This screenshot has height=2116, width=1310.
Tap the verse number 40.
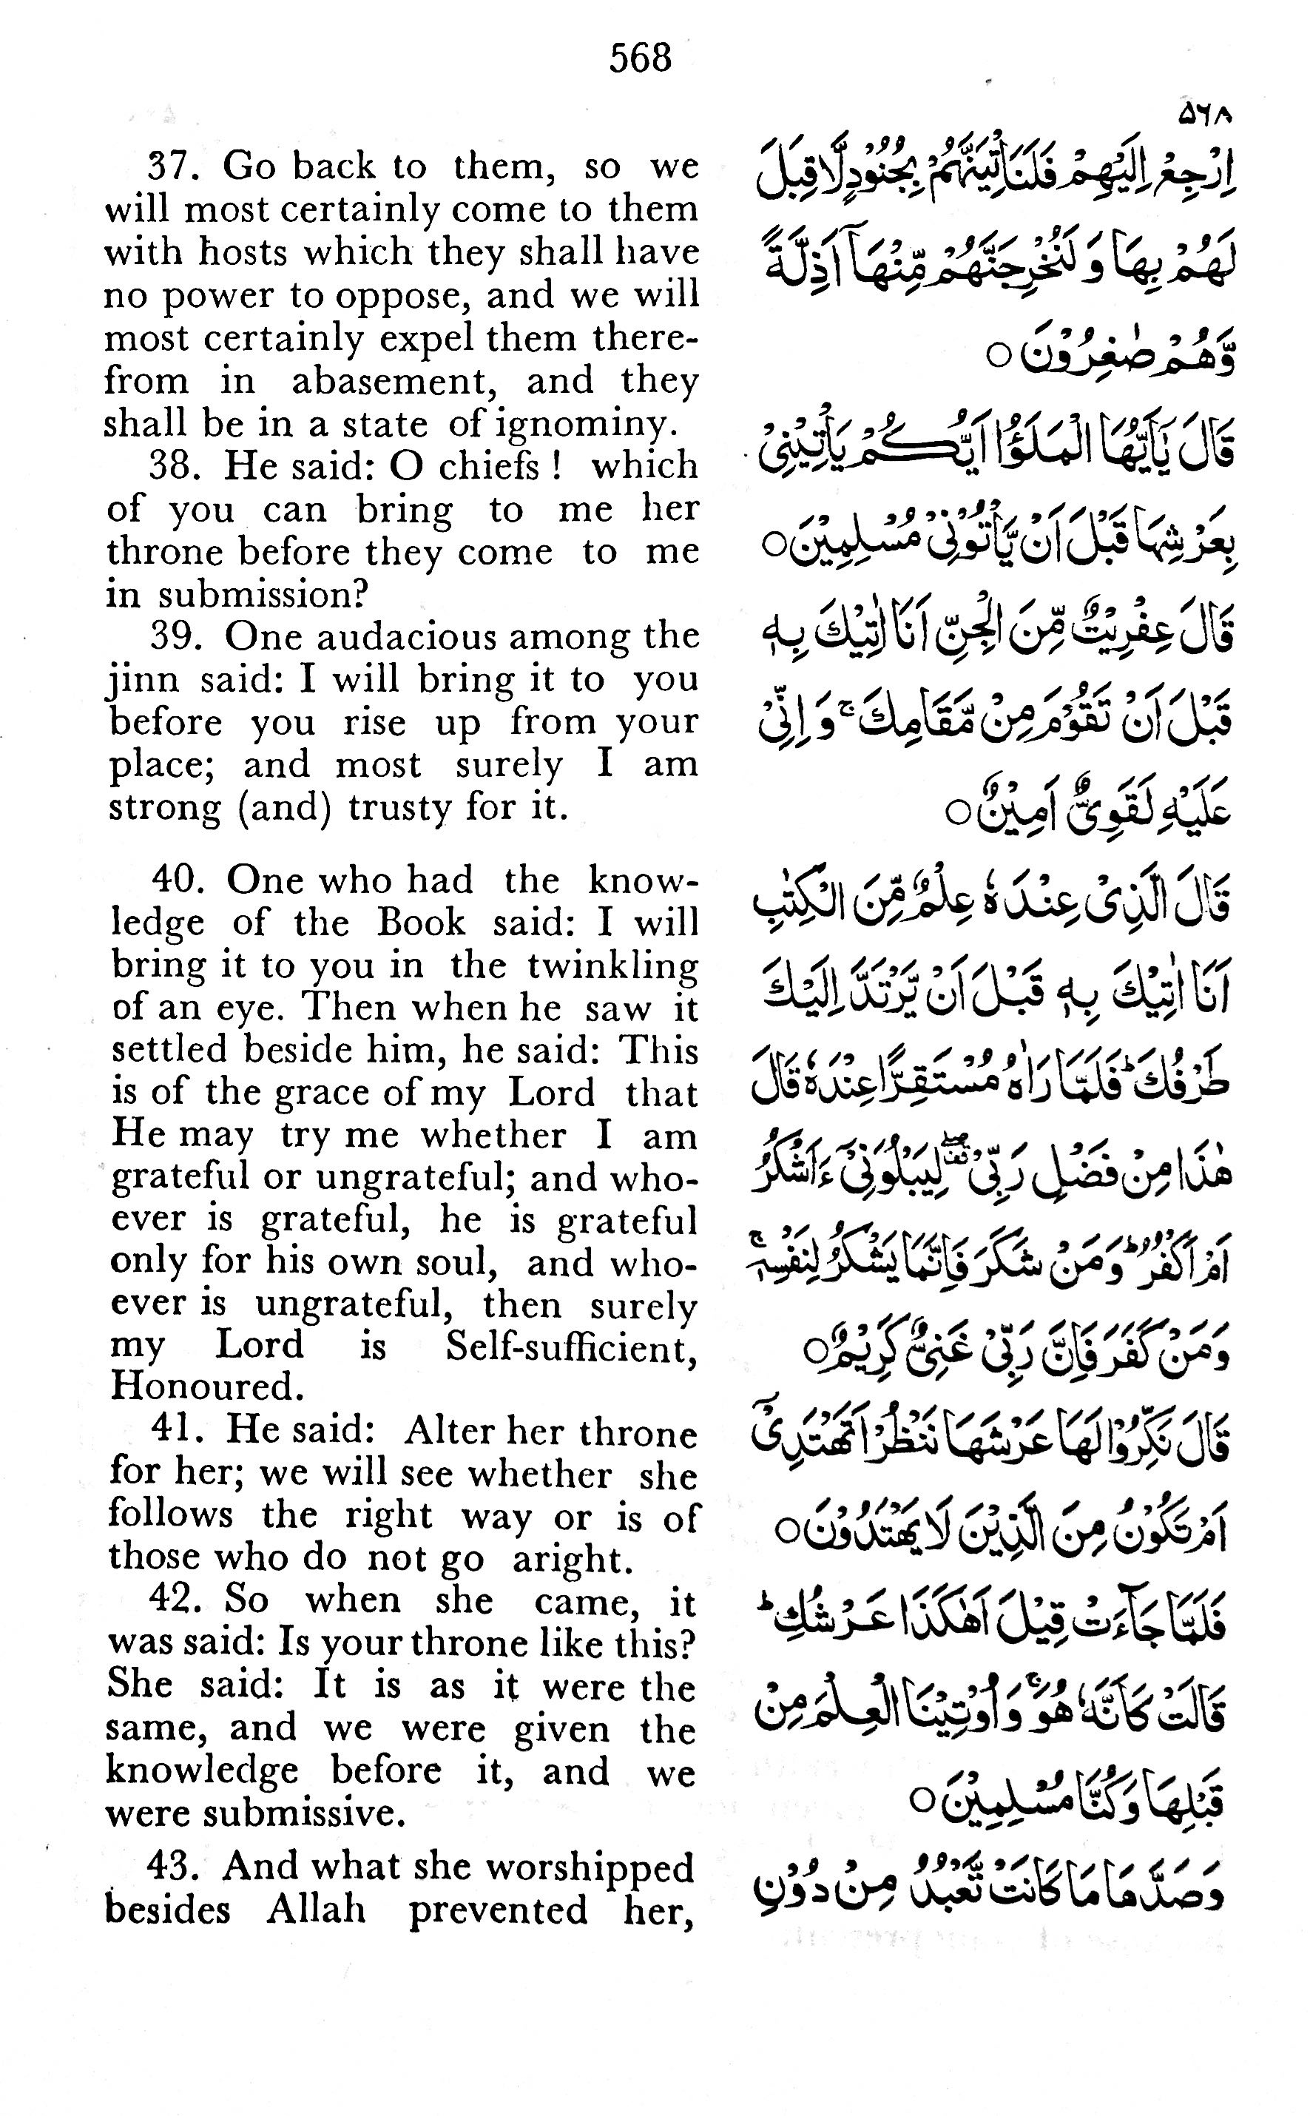(x=178, y=880)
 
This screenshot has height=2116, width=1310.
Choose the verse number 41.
(x=177, y=1429)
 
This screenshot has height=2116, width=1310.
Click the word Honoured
(x=207, y=1387)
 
